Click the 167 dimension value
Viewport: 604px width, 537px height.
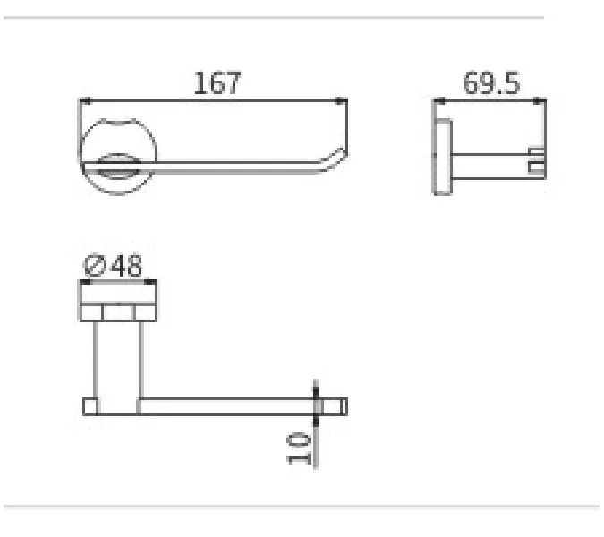[217, 83]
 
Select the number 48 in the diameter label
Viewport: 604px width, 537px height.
[127, 267]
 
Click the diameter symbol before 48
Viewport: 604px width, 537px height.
[96, 267]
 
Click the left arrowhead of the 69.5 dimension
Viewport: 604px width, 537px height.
[439, 101]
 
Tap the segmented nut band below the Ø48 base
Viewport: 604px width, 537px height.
[120, 312]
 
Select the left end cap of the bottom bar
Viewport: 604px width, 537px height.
[90, 407]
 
